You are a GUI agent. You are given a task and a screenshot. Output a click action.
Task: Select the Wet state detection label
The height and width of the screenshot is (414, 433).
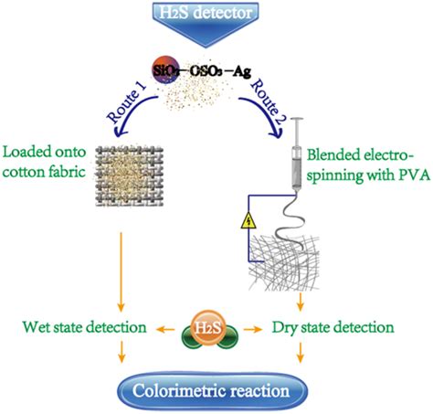pyautogui.click(x=80, y=326)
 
